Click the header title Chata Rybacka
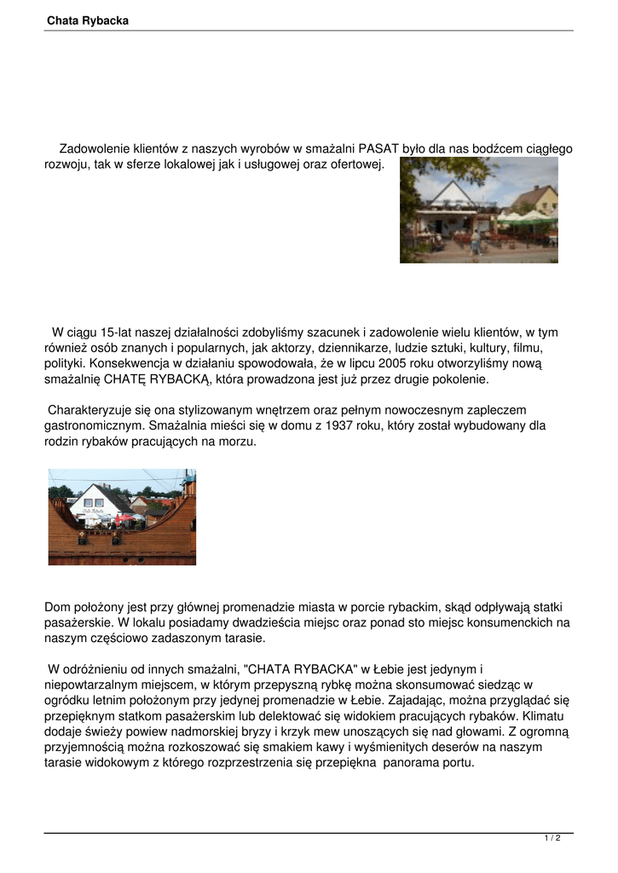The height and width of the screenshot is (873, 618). (88, 20)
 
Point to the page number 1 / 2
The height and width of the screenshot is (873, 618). (552, 839)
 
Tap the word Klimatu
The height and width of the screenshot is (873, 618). (542, 715)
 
